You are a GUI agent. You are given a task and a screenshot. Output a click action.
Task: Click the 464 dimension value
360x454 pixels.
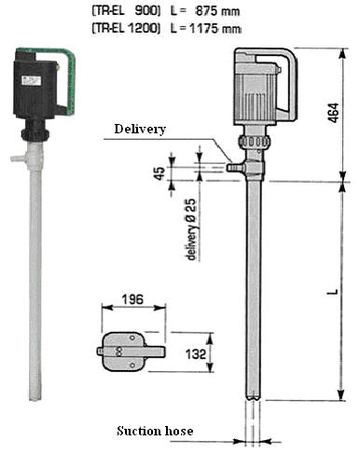[334, 113]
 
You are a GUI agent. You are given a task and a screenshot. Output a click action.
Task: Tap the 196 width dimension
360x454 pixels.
[132, 299]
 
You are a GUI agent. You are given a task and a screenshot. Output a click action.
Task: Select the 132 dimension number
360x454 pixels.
[196, 354]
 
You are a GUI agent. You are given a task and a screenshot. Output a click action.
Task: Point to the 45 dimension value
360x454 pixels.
[159, 173]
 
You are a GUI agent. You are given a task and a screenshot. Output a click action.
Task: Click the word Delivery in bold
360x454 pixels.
[140, 129]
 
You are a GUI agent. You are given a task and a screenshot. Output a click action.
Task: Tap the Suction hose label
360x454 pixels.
[155, 431]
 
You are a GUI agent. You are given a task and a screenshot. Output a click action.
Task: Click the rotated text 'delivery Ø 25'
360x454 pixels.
[192, 229]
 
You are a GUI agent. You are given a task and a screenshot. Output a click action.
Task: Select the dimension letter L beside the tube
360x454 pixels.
[334, 292]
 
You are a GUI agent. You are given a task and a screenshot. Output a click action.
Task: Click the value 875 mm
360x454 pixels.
[217, 11]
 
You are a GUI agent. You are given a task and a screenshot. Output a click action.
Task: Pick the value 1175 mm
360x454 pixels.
[215, 29]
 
